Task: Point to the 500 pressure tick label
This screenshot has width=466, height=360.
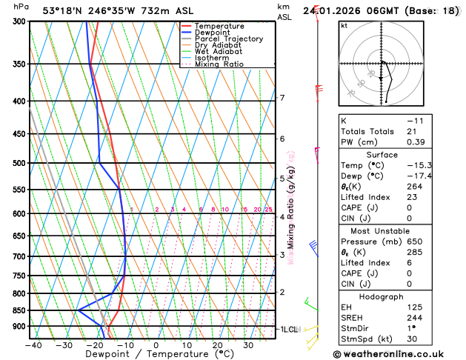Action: coord(19,163)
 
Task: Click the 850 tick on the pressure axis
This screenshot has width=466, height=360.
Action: coord(19,310)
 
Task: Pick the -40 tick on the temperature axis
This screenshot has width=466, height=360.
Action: coord(33,344)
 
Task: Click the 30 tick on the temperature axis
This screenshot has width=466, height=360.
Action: coord(248,344)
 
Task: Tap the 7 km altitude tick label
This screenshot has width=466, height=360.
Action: coord(282,98)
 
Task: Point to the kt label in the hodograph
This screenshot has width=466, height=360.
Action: coord(344,25)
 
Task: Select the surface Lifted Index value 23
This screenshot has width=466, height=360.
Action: coord(412,197)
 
